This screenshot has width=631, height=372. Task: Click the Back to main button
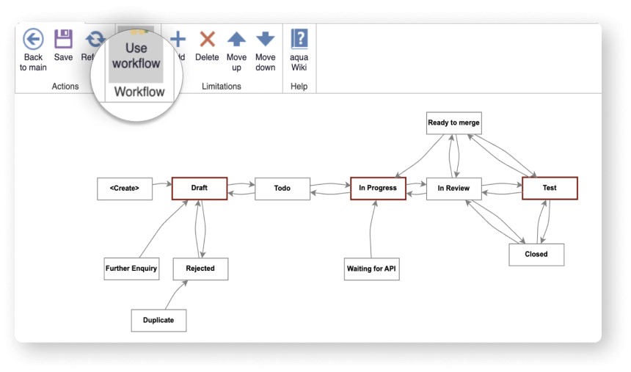point(33,50)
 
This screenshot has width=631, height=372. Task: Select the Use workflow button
point(136,56)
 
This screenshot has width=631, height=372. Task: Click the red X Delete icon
point(208,40)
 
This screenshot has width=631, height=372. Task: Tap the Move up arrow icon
point(236,40)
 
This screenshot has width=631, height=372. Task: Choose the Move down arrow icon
point(265,40)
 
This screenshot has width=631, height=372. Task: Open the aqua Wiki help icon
point(299,40)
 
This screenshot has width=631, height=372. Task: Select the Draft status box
point(200,188)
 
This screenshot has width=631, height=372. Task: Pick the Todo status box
point(282,189)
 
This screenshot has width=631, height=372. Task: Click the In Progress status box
point(378,189)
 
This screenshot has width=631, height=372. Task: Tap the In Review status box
point(453,189)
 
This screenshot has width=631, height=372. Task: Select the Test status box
point(550,188)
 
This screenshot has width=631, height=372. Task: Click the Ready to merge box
point(453,123)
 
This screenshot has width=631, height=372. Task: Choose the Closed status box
point(536,255)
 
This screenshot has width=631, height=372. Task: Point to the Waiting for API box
point(372,269)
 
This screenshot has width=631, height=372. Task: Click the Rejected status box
point(200,269)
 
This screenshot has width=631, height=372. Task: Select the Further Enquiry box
point(131,269)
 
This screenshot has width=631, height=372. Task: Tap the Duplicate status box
point(158,321)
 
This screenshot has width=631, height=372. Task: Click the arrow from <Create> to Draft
point(163,189)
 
